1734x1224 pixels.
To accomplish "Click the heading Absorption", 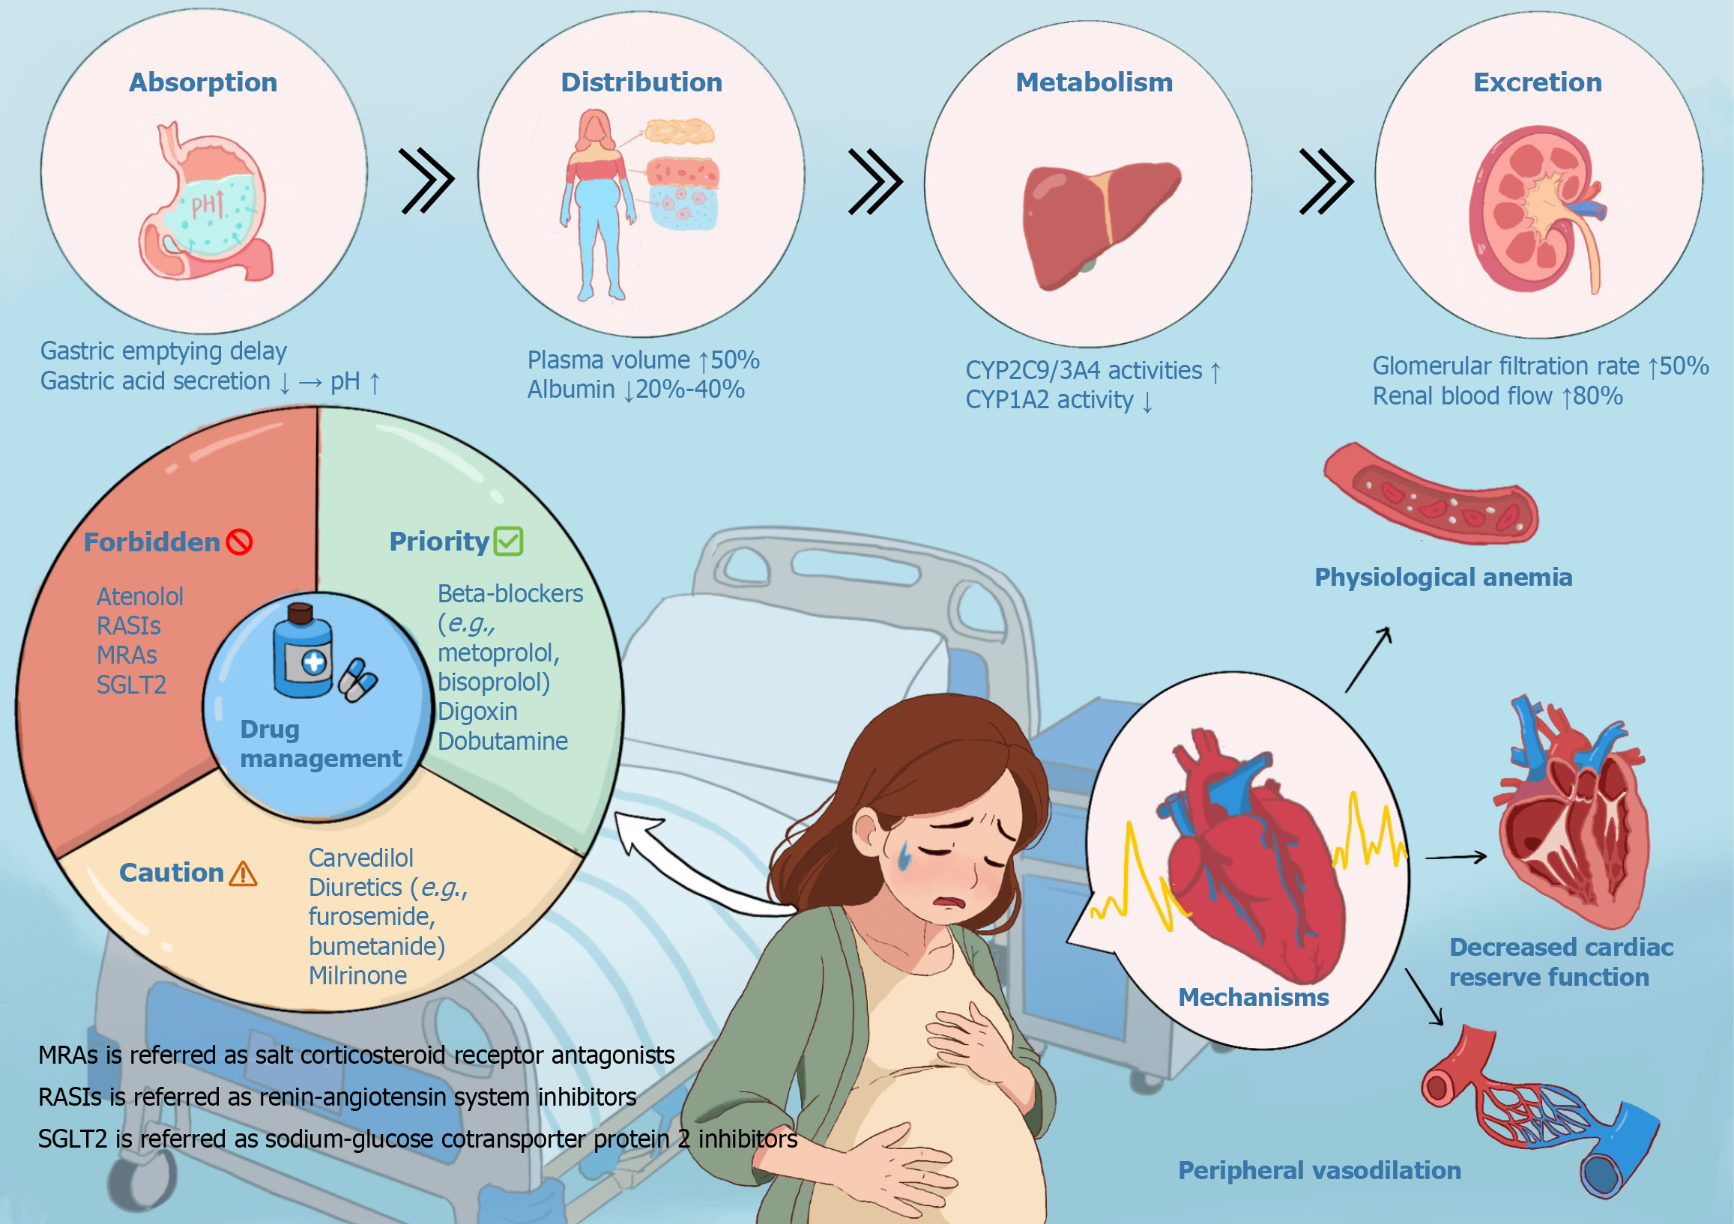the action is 203,82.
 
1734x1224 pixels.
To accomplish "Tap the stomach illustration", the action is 205,203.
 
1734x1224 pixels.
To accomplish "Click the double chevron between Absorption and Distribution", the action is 426,181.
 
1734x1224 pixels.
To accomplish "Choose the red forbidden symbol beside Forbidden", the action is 239,542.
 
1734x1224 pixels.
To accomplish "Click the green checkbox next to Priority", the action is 508,541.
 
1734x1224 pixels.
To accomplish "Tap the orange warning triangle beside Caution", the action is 243,873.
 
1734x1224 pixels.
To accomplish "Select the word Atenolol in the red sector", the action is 139,596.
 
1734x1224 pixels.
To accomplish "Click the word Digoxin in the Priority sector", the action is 477,712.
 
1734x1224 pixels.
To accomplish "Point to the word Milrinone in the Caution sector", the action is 357,975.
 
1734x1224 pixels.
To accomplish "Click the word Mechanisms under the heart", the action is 1253,997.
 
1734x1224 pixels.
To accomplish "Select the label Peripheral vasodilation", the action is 1320,1169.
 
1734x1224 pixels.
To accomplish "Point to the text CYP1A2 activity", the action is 1049,400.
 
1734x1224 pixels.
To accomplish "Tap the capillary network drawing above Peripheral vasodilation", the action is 1541,1110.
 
